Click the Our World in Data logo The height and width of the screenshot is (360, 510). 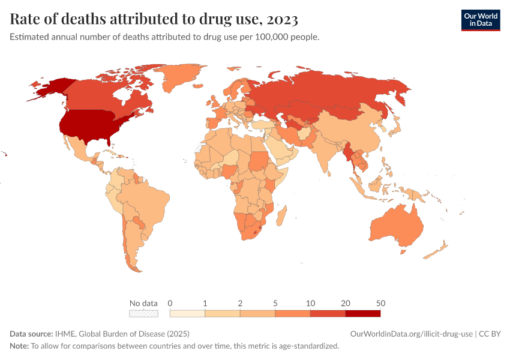(x=480, y=20)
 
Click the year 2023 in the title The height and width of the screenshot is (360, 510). (x=279, y=20)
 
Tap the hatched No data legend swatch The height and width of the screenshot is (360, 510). (x=144, y=313)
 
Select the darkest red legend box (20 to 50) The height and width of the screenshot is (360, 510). (x=362, y=313)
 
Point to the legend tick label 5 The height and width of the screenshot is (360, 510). (x=275, y=302)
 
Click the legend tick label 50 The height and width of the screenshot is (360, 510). (x=380, y=302)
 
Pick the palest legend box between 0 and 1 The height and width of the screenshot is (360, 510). (x=188, y=313)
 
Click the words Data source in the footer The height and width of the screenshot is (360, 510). (x=31, y=334)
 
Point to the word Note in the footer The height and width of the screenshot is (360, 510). (x=19, y=346)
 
